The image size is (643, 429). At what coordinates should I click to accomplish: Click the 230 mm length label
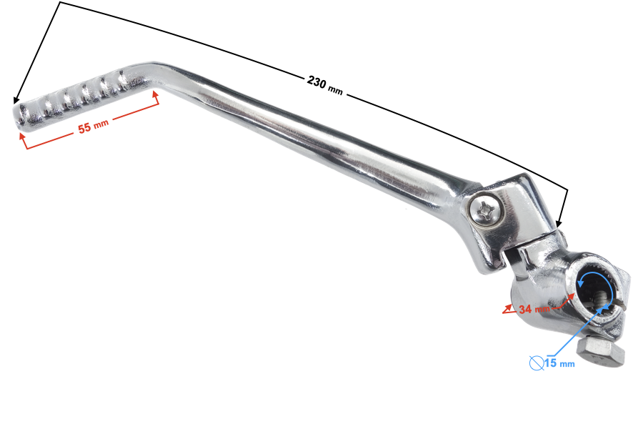(326, 83)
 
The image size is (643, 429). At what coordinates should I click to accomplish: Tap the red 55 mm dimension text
(93, 127)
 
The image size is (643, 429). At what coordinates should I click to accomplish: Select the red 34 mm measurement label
(534, 309)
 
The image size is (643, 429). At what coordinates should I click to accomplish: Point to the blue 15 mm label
(559, 363)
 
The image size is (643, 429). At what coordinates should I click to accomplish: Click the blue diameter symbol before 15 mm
(536, 363)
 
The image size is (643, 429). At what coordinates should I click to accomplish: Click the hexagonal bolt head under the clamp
(599, 352)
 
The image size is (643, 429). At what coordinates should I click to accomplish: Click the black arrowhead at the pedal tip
(16, 101)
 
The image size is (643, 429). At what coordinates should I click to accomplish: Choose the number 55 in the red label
(84, 129)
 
